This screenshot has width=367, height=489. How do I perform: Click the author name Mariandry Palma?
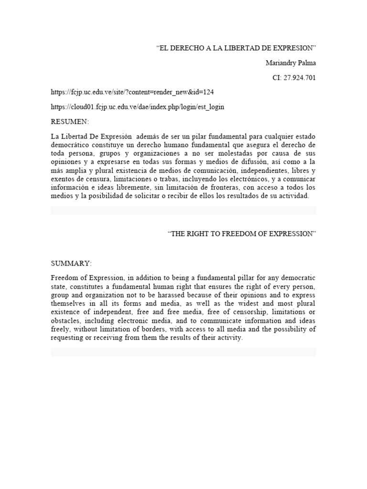[x=291, y=63]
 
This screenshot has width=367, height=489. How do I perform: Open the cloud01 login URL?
[x=138, y=107]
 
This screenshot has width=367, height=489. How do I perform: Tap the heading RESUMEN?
[x=70, y=122]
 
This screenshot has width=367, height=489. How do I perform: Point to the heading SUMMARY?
[x=71, y=263]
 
